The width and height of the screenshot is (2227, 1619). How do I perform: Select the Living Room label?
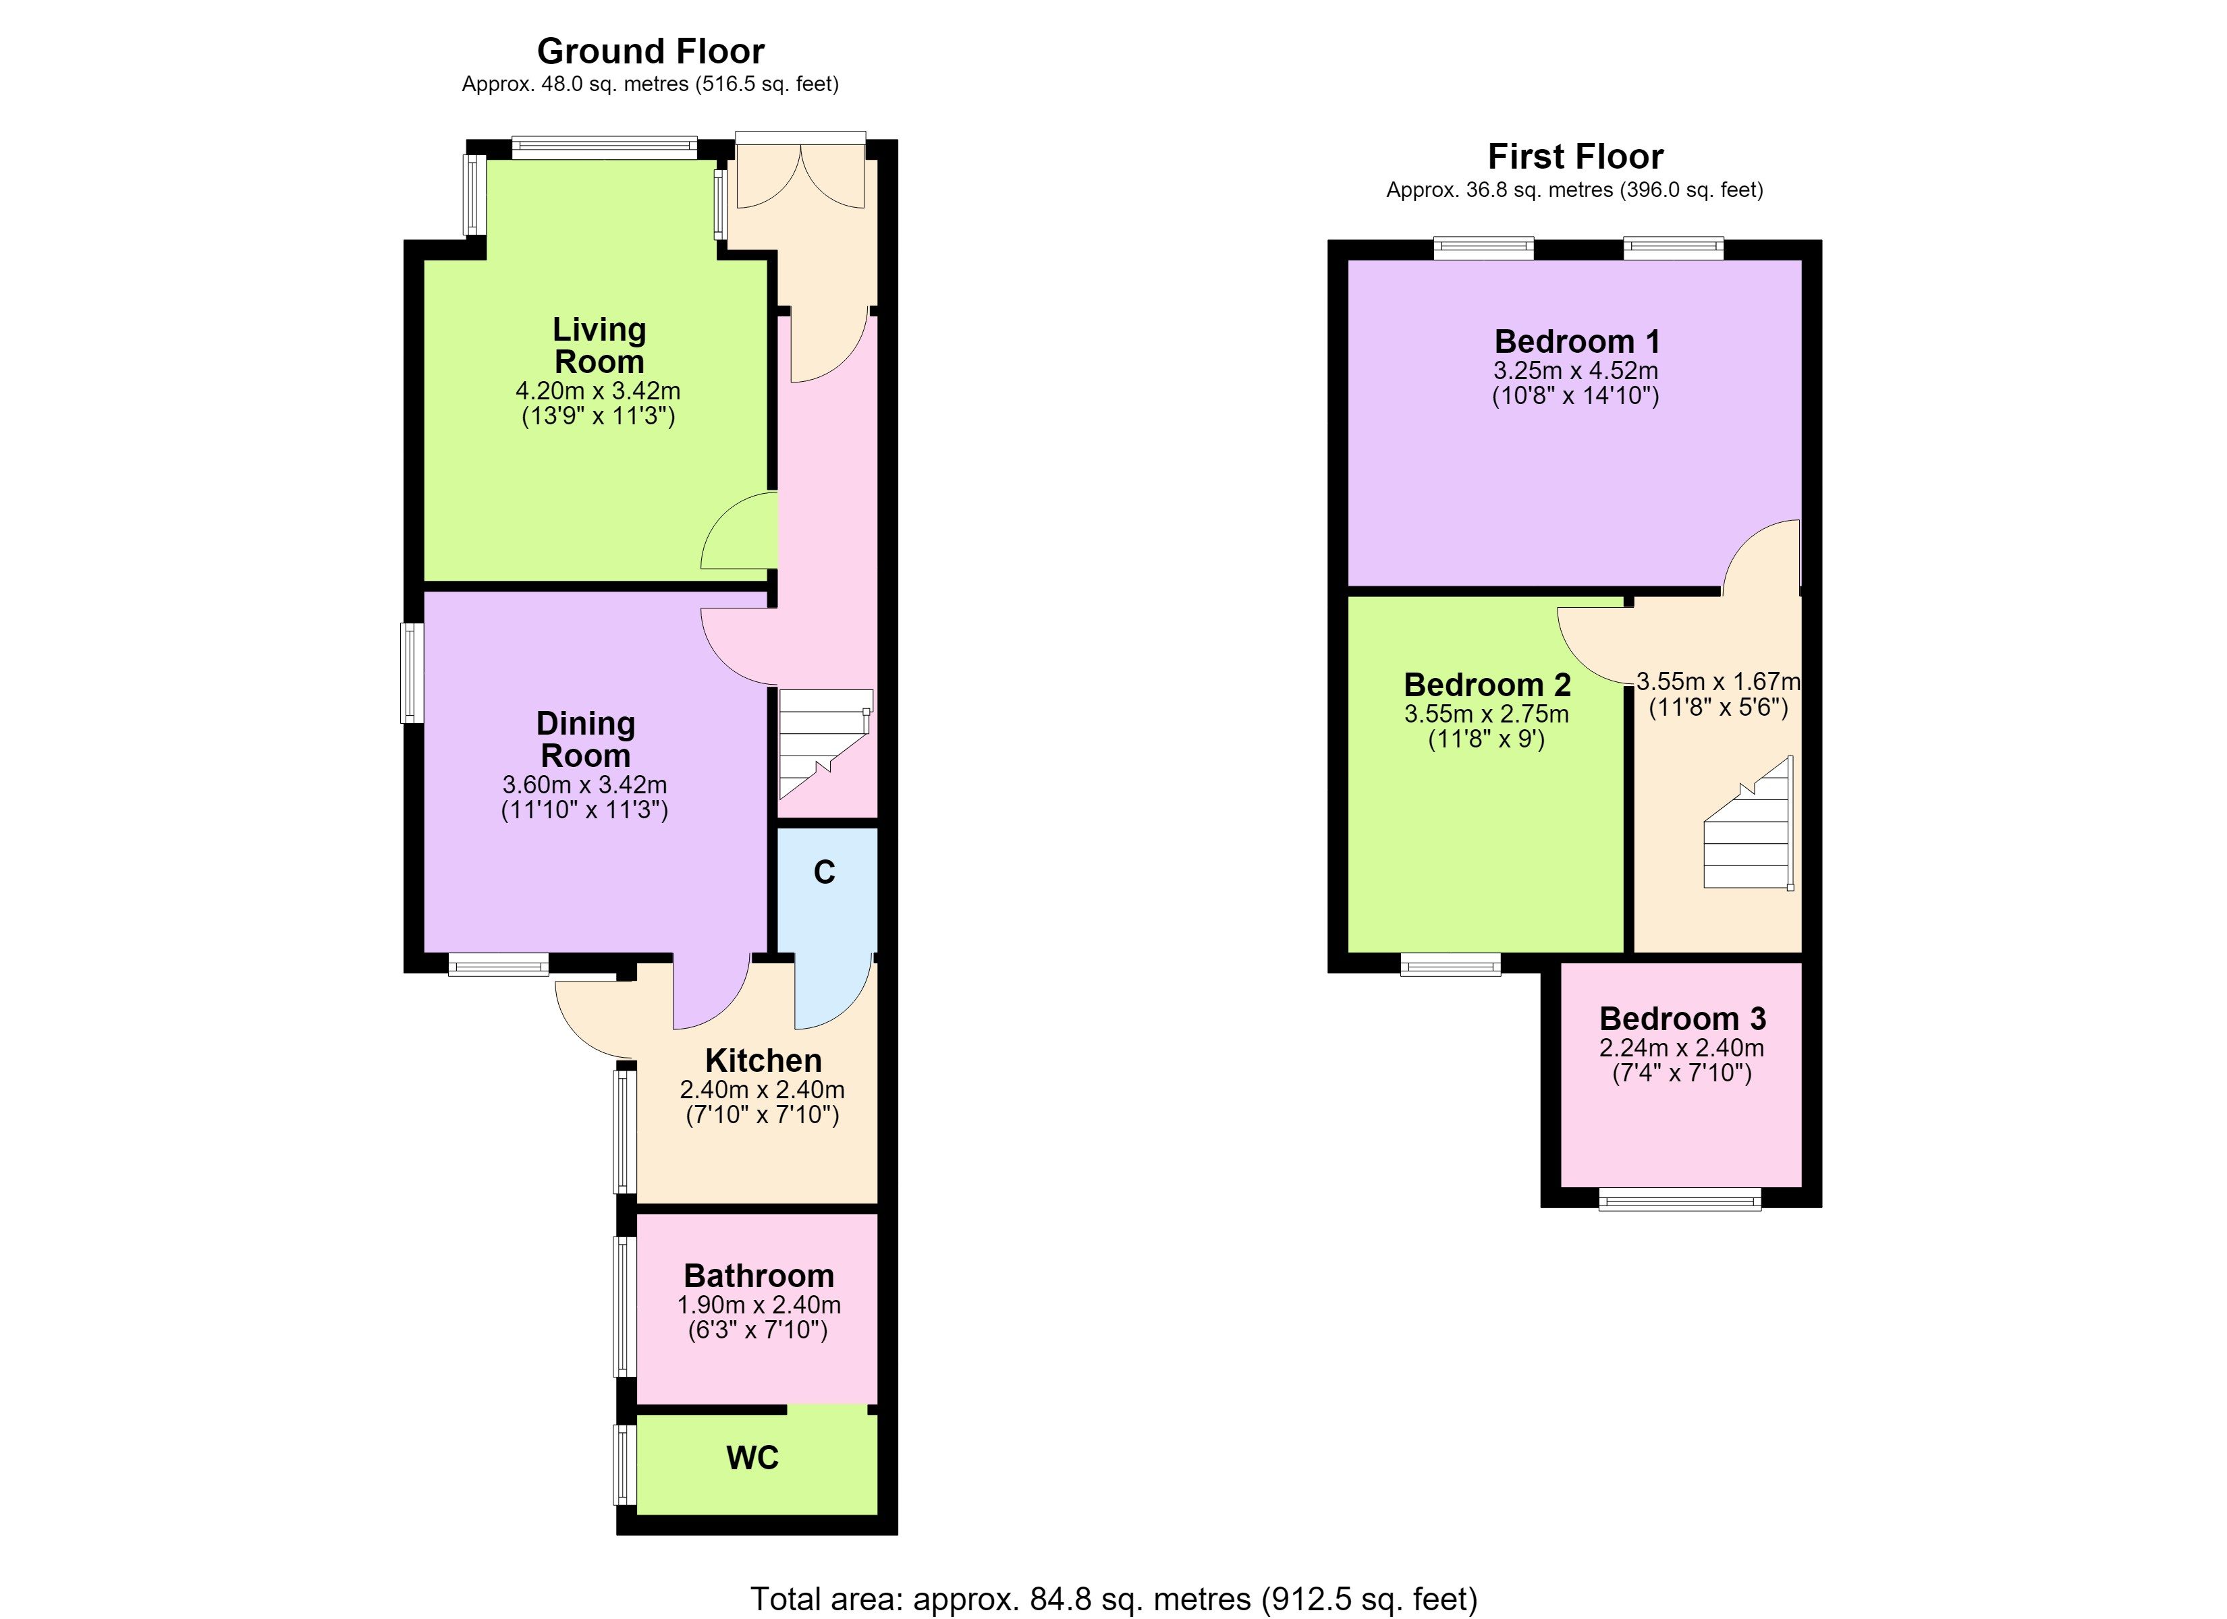(x=599, y=345)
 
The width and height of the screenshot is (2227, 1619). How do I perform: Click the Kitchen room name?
(x=763, y=1060)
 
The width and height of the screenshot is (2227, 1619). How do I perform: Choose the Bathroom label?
(x=759, y=1276)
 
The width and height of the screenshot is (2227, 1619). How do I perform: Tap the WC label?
(x=752, y=1458)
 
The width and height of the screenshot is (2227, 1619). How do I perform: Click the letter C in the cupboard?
(x=825, y=872)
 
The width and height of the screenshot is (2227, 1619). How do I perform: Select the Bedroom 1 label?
(x=1577, y=341)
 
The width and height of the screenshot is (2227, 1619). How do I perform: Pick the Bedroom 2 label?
(x=1487, y=684)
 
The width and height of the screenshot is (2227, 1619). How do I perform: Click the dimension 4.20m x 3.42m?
(x=598, y=391)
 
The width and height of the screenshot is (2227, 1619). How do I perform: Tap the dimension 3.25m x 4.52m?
(x=1576, y=371)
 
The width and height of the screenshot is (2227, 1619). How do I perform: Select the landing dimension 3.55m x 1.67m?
(x=1718, y=681)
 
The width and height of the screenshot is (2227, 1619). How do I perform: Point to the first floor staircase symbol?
(x=1749, y=823)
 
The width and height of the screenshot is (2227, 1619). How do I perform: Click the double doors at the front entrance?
(x=801, y=175)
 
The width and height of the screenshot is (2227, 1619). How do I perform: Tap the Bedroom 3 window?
(x=1680, y=1199)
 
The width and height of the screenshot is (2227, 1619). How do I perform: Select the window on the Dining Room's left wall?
(x=412, y=673)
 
